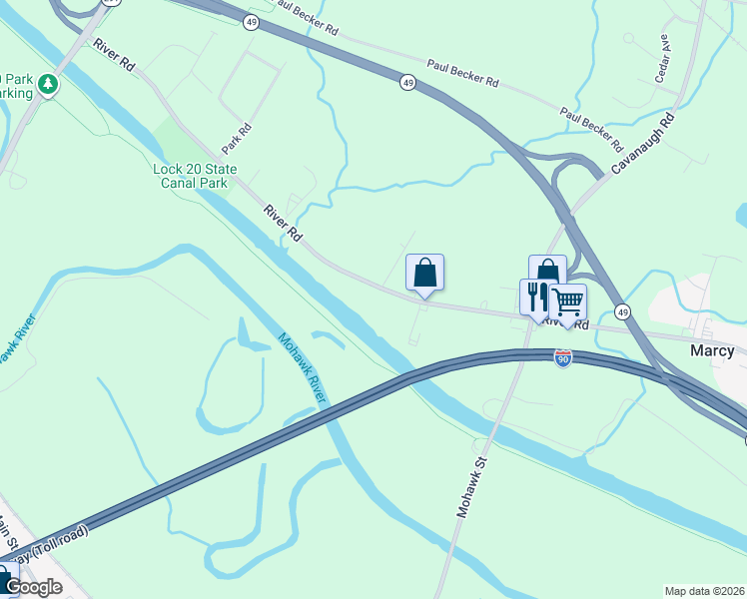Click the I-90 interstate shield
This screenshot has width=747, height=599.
pyautogui.click(x=563, y=356)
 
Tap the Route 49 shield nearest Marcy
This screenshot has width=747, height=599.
pyautogui.click(x=622, y=311)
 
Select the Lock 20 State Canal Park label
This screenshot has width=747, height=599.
pyautogui.click(x=191, y=176)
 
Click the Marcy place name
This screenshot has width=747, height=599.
pyautogui.click(x=712, y=350)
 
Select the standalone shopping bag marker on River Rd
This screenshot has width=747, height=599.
pyautogui.click(x=424, y=273)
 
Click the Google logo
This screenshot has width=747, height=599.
pyautogui.click(x=32, y=587)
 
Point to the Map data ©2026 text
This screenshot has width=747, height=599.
pyautogui.click(x=704, y=591)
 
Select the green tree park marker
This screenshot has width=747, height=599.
pyautogui.click(x=47, y=85)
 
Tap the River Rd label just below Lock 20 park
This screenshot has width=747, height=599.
pyautogui.click(x=283, y=224)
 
